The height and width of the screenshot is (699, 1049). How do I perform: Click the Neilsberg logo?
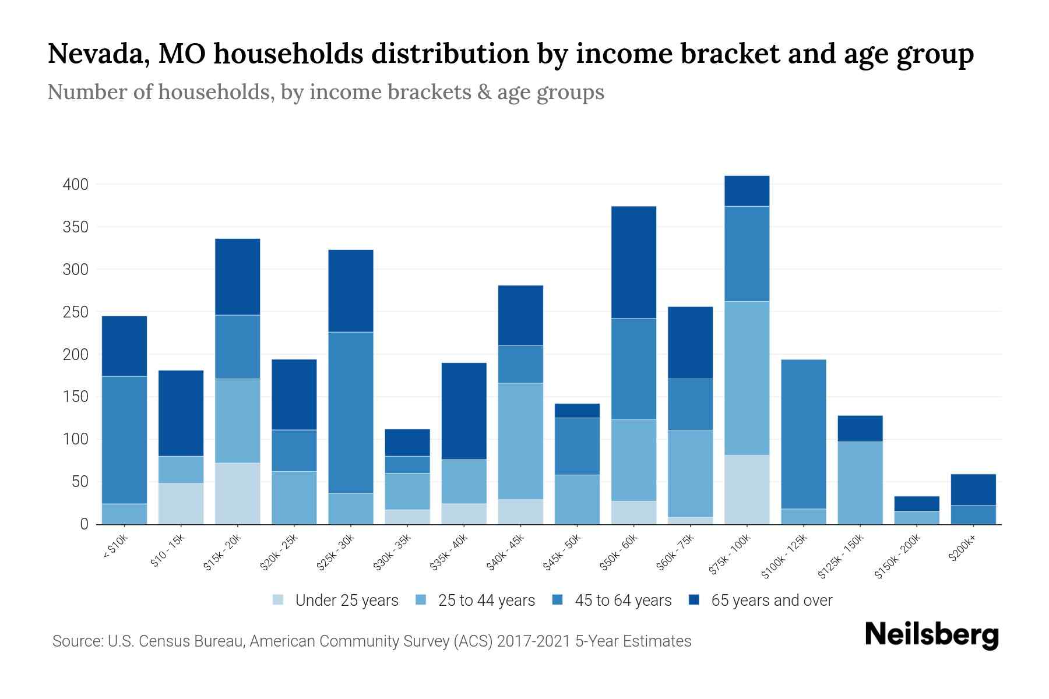(x=931, y=635)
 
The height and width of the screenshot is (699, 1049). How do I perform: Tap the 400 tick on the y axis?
(x=75, y=185)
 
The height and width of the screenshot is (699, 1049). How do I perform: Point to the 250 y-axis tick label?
(x=75, y=312)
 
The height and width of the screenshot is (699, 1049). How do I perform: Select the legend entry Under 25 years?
(x=346, y=601)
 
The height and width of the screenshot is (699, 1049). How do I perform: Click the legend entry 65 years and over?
(x=771, y=601)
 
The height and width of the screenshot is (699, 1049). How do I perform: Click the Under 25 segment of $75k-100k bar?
(x=747, y=489)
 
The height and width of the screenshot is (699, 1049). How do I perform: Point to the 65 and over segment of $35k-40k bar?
(x=464, y=411)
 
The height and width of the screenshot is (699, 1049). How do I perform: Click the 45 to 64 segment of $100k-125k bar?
(x=803, y=434)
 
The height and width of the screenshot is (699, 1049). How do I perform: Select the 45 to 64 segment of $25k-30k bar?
(x=351, y=412)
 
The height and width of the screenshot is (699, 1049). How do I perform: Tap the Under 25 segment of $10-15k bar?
(x=181, y=503)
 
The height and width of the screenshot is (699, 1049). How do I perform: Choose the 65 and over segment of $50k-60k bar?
(x=633, y=262)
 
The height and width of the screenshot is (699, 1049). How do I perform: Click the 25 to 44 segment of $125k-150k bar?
(x=860, y=482)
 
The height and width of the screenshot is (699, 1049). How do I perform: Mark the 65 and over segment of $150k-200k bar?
(x=916, y=503)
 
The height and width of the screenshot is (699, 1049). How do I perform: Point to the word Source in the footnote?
(x=77, y=641)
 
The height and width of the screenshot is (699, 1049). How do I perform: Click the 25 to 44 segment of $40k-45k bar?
(x=520, y=441)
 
